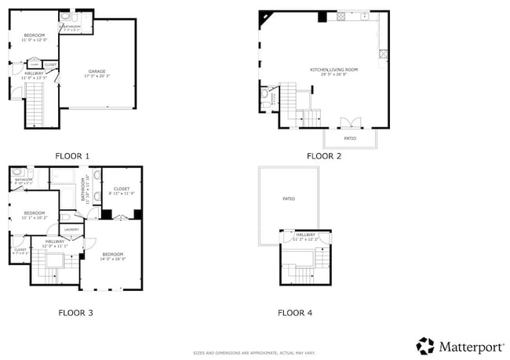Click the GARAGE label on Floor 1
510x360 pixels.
(97, 72)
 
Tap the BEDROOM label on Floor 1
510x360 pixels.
(34, 36)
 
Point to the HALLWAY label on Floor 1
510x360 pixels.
(24, 74)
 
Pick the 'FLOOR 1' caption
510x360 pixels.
(72, 156)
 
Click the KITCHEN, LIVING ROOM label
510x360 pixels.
(333, 71)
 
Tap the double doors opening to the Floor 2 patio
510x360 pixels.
(350, 122)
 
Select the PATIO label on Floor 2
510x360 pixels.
(350, 138)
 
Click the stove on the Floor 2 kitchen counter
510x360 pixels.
(342, 16)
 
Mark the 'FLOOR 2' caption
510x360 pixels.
(323, 156)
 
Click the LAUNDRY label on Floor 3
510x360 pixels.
(71, 229)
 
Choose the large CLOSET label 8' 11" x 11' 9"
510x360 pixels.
(122, 189)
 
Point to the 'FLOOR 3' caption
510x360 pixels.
(75, 312)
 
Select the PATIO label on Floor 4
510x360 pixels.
(289, 198)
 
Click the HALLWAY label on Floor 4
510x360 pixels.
(305, 235)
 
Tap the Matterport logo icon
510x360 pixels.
(425, 346)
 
